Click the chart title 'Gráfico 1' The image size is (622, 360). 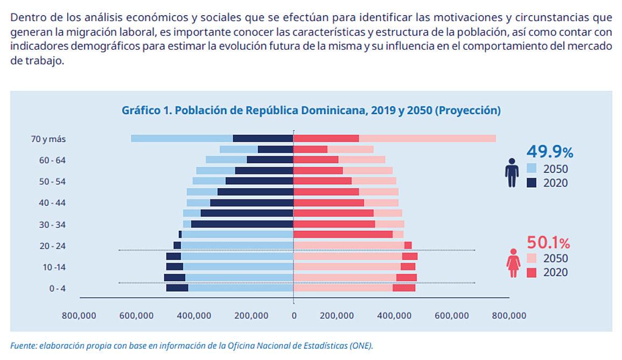pos(311,110)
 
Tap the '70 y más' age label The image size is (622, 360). pos(48,139)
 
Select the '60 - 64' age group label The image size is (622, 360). pos(52,160)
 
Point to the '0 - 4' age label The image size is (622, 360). pos(57,288)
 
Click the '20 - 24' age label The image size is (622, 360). pos(52,246)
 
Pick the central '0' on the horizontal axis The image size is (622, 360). pos(293,315)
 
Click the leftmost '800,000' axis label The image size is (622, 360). pos(79,315)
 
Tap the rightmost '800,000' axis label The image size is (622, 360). pos(509,315)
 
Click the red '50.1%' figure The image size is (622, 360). pos(548,242)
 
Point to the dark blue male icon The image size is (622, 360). pos(512,172)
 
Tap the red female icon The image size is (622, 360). pos(513,262)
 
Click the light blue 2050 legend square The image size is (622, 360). pos(532,169)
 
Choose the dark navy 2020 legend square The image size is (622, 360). pos(532,183)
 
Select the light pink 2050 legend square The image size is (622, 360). pos(532,258)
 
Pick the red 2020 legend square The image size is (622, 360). pos(532,272)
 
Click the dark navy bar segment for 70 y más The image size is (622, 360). pos(263,139)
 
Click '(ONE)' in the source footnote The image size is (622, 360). pos(361,345)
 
